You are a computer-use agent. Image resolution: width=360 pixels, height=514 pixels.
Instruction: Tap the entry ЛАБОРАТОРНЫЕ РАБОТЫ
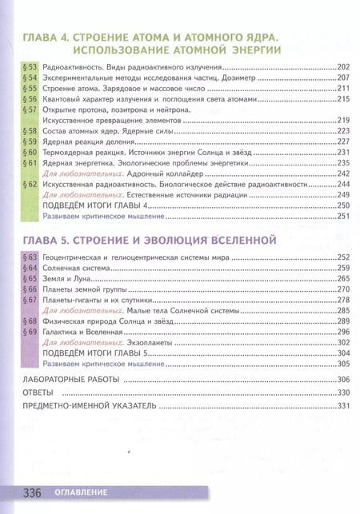[71, 378]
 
